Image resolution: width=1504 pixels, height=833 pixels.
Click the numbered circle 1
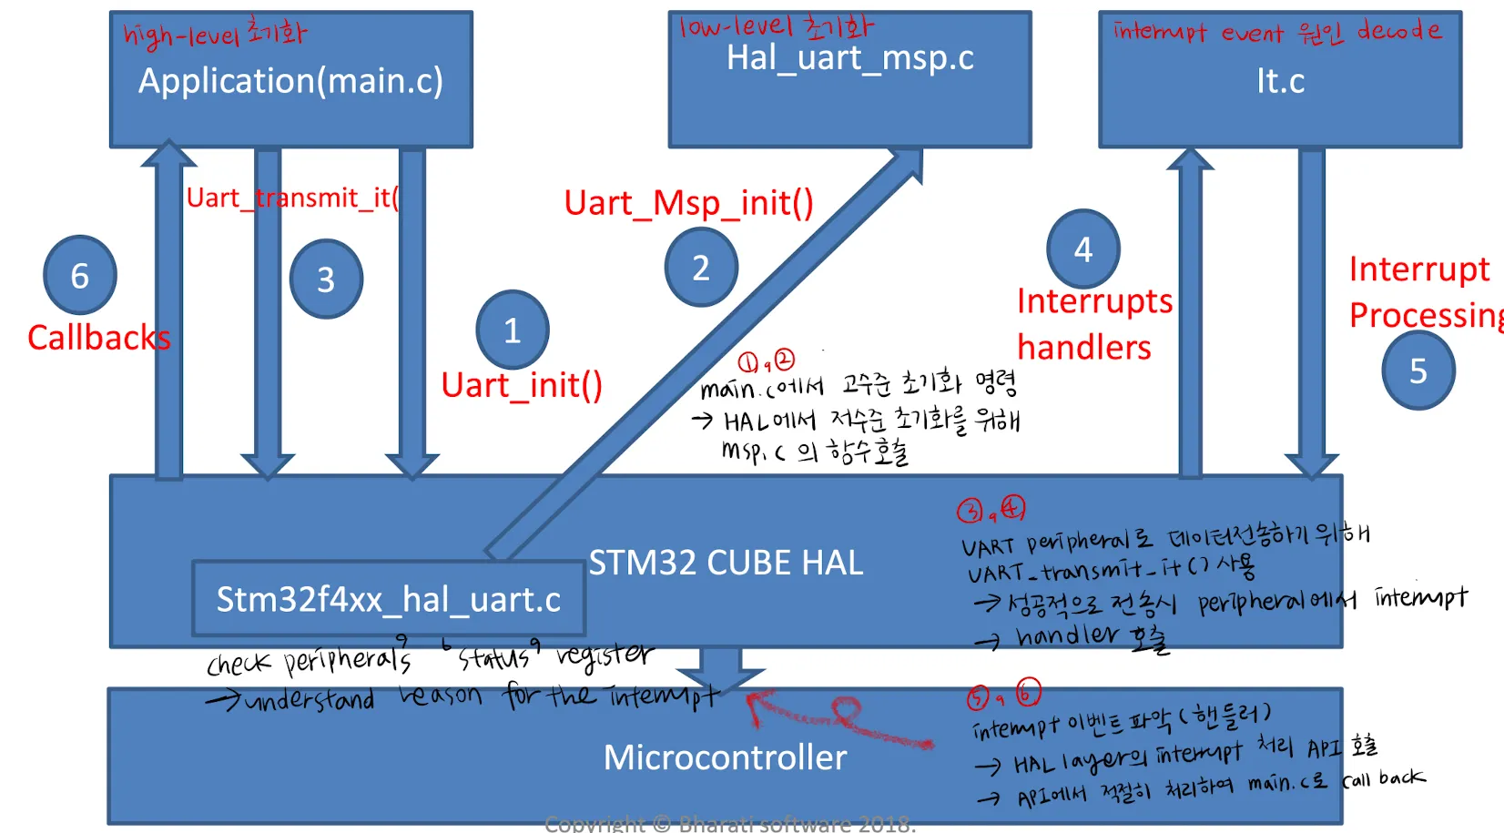click(513, 330)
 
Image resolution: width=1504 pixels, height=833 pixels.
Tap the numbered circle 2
click(701, 268)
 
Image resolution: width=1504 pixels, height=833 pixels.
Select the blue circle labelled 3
click(326, 279)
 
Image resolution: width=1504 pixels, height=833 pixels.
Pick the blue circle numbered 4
click(1083, 249)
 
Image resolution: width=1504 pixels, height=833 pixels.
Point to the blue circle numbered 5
click(1418, 371)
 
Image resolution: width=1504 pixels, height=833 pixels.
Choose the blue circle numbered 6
click(80, 275)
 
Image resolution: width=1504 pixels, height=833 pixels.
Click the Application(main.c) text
click(290, 81)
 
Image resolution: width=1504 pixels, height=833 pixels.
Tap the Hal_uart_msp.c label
click(849, 58)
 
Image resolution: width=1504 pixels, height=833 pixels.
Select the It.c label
click(1280, 81)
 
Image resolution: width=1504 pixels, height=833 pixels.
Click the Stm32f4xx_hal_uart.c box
click(388, 599)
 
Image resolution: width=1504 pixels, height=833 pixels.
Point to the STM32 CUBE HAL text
click(726, 563)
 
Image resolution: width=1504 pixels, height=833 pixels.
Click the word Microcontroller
click(725, 757)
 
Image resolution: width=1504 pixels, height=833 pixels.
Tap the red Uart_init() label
click(522, 385)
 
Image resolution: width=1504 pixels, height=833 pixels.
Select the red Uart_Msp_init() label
click(688, 202)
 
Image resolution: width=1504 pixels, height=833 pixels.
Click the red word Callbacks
click(98, 338)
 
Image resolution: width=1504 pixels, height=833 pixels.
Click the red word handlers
click(1083, 348)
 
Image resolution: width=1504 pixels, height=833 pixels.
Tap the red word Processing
click(1425, 315)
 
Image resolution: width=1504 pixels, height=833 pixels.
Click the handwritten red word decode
click(1399, 31)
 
